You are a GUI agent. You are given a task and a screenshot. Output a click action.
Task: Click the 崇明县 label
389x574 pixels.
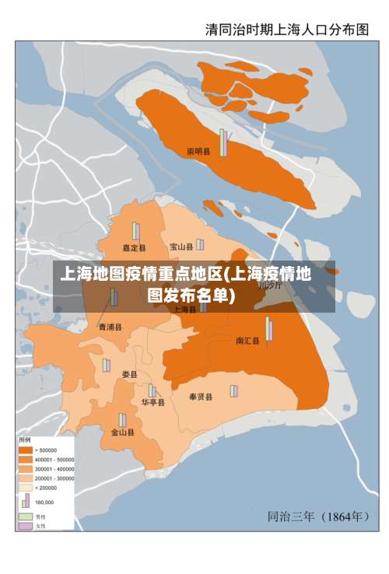coord(198,152)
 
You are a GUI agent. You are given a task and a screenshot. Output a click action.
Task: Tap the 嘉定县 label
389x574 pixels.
coord(135,248)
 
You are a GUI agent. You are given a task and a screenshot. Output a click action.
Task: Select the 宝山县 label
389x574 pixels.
coord(181,247)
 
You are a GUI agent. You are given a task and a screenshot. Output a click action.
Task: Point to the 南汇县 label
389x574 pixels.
coord(247,341)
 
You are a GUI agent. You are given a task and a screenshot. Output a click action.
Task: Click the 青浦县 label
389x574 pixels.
coord(110,327)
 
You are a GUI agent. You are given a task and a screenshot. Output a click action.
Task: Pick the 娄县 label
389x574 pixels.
coord(130,374)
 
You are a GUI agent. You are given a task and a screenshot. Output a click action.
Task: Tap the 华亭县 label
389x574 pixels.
coord(152,403)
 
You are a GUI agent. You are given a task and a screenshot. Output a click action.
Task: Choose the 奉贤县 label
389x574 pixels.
coord(201,397)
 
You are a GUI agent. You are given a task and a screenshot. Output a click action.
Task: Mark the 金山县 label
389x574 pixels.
coord(122,432)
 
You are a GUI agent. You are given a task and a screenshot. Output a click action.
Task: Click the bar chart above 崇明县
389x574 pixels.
coord(223,142)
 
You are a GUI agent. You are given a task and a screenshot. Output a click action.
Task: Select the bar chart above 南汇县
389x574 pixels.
coord(269,329)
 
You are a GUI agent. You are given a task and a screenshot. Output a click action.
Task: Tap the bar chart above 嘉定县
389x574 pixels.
coord(135,231)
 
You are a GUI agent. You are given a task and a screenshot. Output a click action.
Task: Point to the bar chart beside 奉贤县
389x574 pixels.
coord(233,390)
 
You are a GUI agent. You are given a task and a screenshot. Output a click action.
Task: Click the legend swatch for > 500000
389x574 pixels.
coord(26,450)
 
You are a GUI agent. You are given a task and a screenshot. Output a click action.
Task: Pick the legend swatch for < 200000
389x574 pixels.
coord(26,487)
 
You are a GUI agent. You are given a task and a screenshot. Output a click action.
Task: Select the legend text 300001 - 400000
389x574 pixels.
coord(54,468)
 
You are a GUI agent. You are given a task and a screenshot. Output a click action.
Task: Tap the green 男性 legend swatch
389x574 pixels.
coord(26,516)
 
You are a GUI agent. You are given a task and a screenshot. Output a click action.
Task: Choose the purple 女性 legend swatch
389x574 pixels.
coord(26,526)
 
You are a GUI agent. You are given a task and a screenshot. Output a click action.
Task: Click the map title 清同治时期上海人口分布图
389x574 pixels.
coord(287,29)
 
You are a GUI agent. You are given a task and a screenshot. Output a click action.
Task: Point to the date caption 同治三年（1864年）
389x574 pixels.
coord(318,516)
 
